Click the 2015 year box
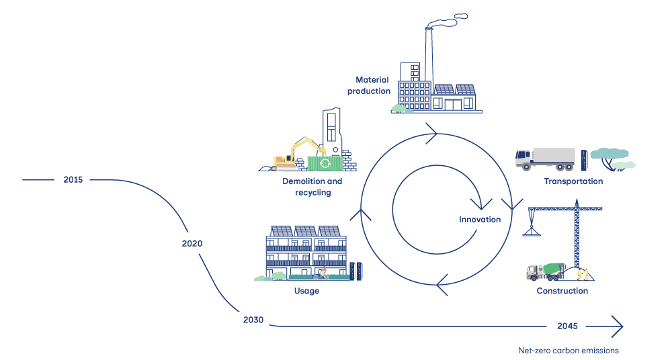pos(73,180)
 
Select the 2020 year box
pos(194,243)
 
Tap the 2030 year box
pos(252,320)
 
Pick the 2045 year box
pos(566,326)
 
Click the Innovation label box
pos(479,220)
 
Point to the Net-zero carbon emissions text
pos(568,350)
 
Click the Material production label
pos(369,85)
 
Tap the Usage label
pos(306,291)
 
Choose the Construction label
pos(562,291)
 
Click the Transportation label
pos(573,181)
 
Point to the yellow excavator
pos(296,154)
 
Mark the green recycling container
pos(324,163)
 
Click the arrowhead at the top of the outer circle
pos(431,132)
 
